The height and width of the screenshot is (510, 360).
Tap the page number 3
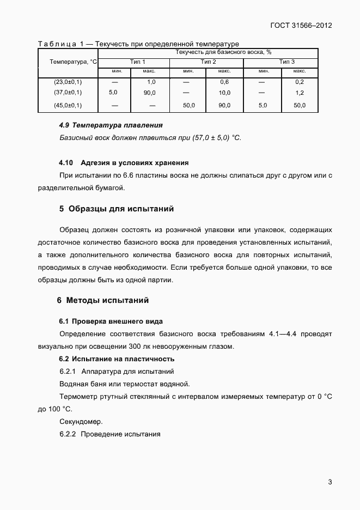click(330, 482)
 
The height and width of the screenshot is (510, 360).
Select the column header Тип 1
click(138, 62)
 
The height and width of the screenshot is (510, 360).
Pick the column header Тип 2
click(209, 62)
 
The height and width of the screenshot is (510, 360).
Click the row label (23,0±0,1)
click(68, 82)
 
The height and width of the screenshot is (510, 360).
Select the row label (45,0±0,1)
click(68, 105)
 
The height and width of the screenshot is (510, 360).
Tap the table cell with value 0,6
click(224, 82)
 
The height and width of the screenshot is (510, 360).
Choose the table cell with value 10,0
click(224, 93)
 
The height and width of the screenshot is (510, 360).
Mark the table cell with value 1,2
click(299, 93)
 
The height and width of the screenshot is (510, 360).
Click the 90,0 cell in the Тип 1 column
click(150, 93)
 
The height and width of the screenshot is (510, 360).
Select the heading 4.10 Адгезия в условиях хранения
click(124, 162)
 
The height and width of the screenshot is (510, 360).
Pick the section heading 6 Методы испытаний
click(103, 300)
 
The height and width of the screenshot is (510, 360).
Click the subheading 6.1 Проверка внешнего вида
click(111, 321)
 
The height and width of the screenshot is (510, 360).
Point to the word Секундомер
click(81, 421)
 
